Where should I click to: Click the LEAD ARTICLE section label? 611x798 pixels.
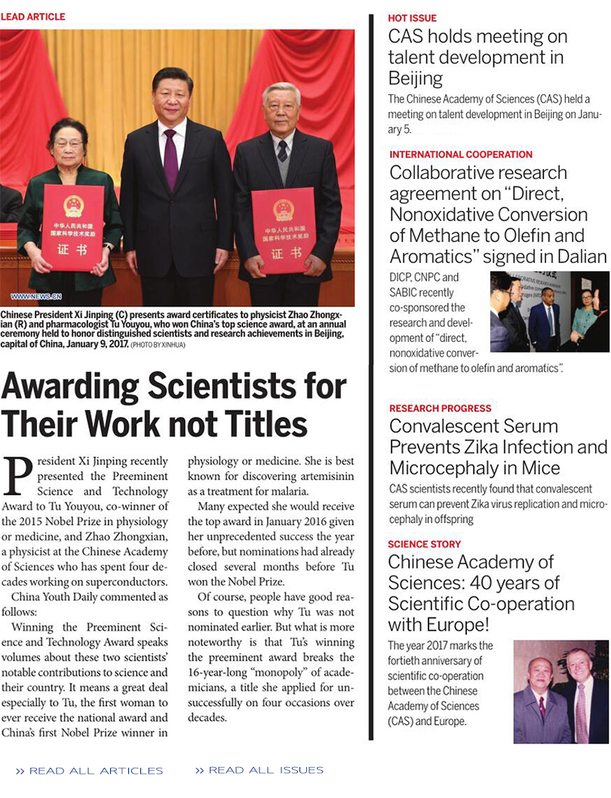[x=33, y=17]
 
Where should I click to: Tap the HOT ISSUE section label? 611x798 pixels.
[x=412, y=18]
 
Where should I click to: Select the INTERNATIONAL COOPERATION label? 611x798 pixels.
[x=461, y=155]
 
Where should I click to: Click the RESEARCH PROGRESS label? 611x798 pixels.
[x=440, y=408]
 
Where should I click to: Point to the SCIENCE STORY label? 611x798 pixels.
[x=424, y=544]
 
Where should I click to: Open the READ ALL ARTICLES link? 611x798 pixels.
[x=90, y=771]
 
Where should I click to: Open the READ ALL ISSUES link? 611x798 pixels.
[x=259, y=770]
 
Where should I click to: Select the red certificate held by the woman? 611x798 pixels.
[x=73, y=227]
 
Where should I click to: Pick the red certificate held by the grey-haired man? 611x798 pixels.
[x=283, y=230]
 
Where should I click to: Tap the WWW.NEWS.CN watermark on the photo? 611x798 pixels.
[x=36, y=297]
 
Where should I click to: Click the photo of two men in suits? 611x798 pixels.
[x=560, y=692]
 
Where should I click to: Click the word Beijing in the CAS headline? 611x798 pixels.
[x=415, y=78]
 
